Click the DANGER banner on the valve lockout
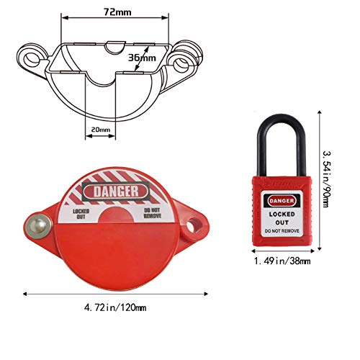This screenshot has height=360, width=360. [116, 191]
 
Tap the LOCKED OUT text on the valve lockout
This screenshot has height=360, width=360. [81, 212]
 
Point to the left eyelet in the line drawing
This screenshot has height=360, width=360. [30, 55]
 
